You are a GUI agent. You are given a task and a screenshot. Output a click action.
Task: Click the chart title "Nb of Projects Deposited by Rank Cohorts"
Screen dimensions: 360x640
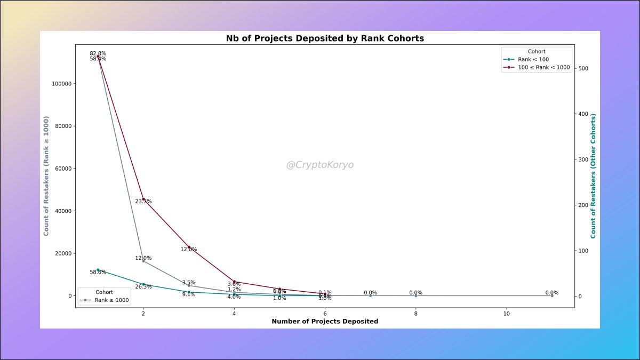pyautogui.click(x=325, y=38)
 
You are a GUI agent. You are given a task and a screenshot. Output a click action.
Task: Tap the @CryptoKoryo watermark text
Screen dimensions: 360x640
pyautogui.click(x=320, y=165)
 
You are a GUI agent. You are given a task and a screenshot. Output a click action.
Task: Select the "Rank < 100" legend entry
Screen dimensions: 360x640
pyautogui.click(x=533, y=59)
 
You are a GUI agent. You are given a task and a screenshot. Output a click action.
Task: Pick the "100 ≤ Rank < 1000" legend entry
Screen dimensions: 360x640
pyautogui.click(x=544, y=68)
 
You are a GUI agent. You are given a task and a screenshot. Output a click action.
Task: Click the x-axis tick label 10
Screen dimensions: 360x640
pyautogui.click(x=506, y=314)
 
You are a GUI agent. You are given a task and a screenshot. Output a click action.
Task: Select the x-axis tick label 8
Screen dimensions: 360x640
pyautogui.click(x=415, y=314)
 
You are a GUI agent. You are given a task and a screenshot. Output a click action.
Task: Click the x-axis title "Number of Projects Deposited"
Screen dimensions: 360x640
pyautogui.click(x=325, y=322)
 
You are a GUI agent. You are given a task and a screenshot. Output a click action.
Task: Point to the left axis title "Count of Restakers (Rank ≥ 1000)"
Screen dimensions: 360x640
pyautogui.click(x=46, y=169)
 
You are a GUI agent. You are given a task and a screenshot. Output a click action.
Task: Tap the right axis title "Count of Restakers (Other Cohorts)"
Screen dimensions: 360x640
pyautogui.click(x=593, y=176)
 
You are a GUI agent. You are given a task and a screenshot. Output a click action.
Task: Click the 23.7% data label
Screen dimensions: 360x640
pyautogui.click(x=143, y=202)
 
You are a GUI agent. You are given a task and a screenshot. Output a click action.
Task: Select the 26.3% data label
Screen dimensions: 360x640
pyautogui.click(x=143, y=287)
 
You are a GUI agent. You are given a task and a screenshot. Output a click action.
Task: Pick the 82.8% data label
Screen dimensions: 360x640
pyautogui.click(x=98, y=53)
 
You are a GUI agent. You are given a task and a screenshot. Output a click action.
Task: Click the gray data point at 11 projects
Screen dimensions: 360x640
pyautogui.click(x=551, y=295)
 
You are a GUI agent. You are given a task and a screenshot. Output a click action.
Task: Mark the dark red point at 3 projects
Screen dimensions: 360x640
pyautogui.click(x=189, y=247)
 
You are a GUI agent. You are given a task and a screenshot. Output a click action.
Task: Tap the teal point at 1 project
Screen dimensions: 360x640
pyautogui.click(x=98, y=270)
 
